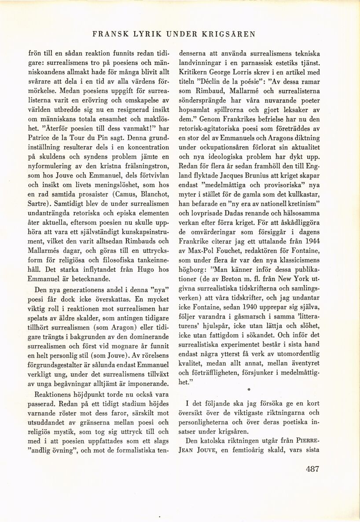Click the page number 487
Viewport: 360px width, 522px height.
312,469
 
